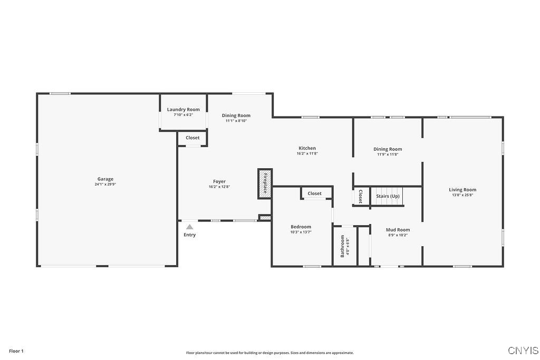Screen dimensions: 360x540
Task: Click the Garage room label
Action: click(105, 179)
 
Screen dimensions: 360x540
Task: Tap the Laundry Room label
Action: click(184, 110)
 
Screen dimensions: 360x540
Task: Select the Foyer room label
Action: click(219, 182)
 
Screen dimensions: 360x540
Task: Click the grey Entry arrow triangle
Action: click(189, 227)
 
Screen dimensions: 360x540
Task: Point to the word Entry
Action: click(189, 235)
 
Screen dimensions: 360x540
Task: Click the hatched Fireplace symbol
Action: click(265, 183)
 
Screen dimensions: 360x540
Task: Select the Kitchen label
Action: click(307, 149)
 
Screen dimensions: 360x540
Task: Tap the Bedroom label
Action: click(301, 227)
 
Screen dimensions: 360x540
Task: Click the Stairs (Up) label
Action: click(388, 196)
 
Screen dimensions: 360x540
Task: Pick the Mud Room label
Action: click(398, 230)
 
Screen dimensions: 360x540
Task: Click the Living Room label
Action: click(462, 190)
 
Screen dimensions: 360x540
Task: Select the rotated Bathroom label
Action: click(343, 246)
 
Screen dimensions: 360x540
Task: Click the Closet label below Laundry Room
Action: click(192, 138)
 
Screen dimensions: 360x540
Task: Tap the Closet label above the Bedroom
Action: click(314, 193)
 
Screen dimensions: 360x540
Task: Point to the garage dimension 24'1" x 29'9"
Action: click(105, 184)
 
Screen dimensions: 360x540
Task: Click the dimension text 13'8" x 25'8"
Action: click(462, 195)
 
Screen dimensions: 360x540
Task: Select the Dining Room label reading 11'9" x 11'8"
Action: click(388, 149)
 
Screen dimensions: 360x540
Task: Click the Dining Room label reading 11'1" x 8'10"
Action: click(236, 115)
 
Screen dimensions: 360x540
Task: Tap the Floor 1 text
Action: click(16, 351)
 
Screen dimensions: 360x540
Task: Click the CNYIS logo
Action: click(523, 351)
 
